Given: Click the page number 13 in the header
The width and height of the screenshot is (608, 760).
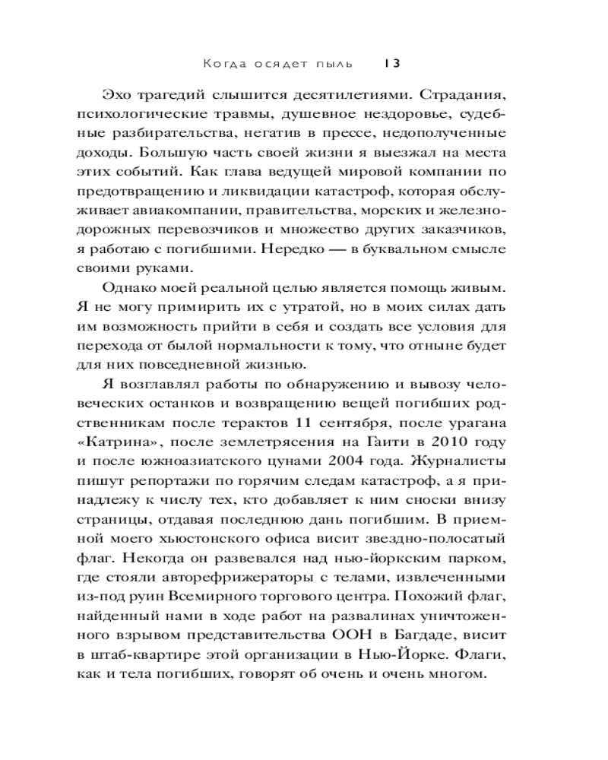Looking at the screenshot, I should coord(393,64).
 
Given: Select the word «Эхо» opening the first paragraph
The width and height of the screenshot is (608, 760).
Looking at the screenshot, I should coord(116,96).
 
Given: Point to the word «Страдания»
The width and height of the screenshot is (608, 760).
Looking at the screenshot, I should coord(454,96).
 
